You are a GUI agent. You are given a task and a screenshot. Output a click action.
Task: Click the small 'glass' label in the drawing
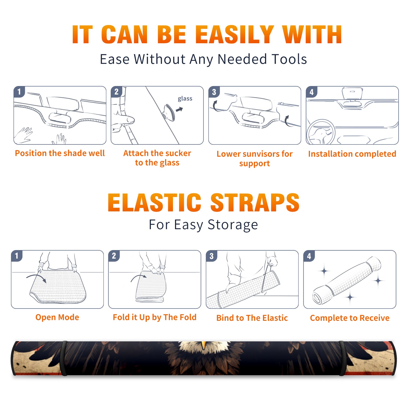click(x=185, y=99)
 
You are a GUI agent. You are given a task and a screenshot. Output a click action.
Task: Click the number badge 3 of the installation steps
click(x=214, y=92)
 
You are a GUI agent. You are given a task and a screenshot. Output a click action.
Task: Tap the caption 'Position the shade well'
click(x=60, y=153)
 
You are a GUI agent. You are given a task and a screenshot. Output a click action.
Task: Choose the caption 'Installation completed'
click(x=352, y=154)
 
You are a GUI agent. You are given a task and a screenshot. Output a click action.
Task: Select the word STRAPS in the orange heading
click(x=255, y=202)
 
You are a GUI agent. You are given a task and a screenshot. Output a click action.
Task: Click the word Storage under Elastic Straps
click(x=233, y=225)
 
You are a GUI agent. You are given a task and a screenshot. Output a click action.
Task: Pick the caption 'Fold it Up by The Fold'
click(x=155, y=317)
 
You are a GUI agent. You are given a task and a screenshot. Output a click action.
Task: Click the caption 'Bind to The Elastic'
click(x=252, y=318)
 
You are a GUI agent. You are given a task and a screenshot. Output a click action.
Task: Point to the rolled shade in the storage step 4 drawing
click(x=347, y=281)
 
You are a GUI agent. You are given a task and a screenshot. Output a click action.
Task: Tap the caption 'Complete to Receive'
click(x=350, y=318)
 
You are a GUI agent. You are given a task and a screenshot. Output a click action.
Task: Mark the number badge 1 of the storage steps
click(x=17, y=256)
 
